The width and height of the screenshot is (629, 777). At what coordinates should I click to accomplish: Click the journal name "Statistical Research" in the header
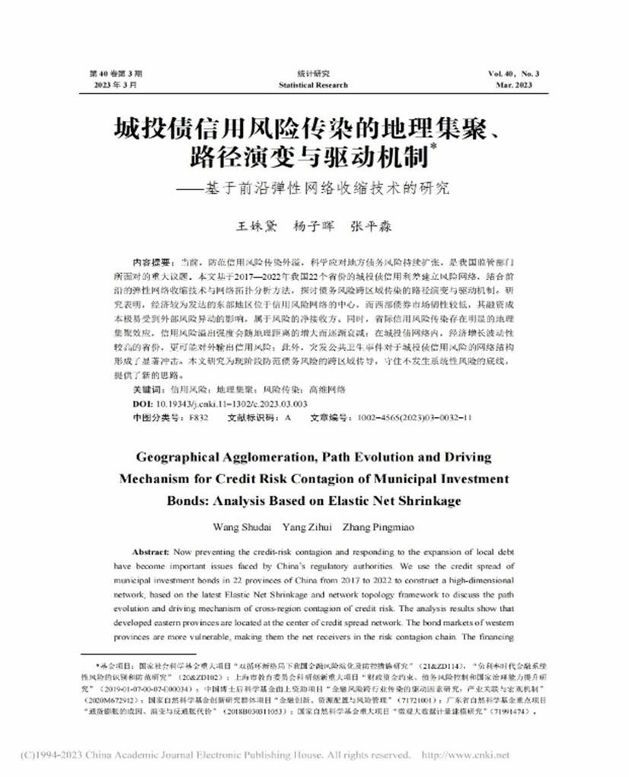313,85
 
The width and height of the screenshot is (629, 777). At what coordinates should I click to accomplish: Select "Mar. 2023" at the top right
520,85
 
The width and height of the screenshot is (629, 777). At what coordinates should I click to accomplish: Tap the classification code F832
197,418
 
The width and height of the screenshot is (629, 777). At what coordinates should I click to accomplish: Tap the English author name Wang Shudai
238,527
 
